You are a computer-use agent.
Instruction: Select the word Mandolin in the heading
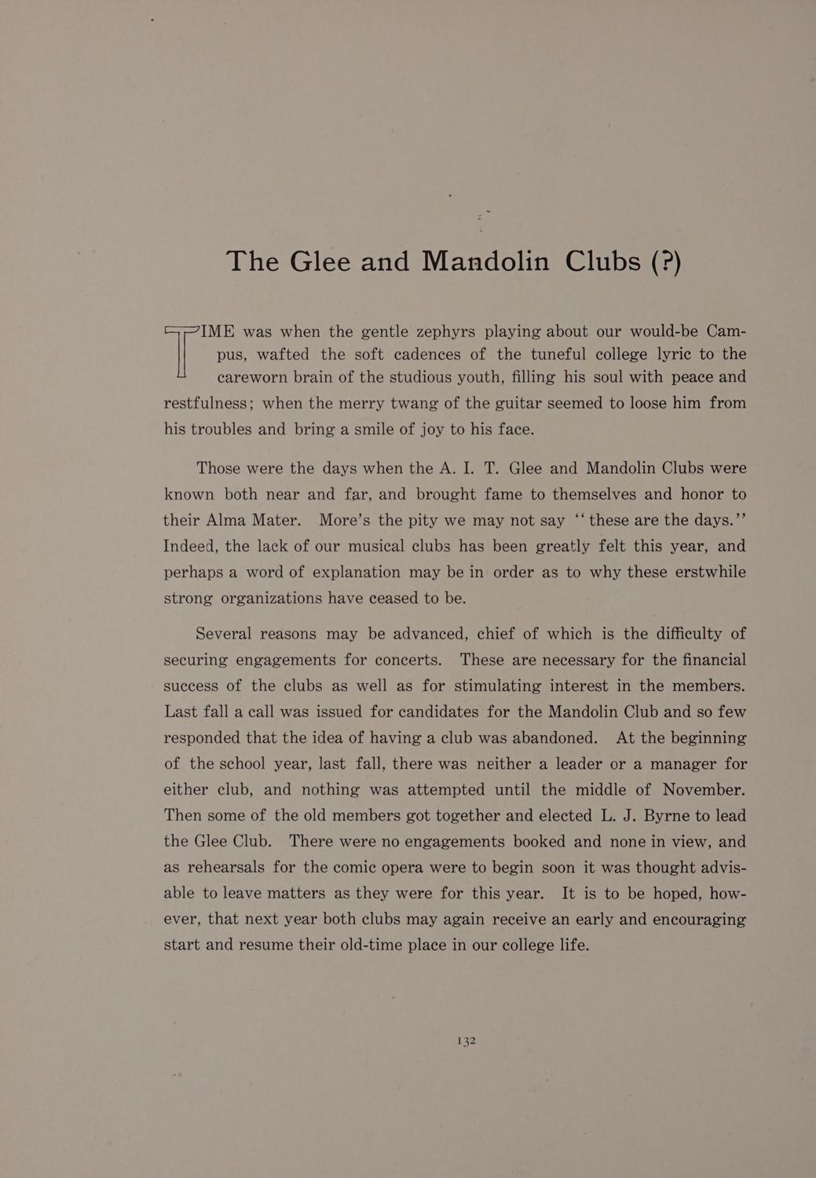pos(485,261)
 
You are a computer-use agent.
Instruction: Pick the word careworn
pos(259,378)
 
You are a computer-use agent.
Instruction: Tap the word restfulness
pos(207,404)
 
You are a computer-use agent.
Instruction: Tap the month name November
pos(703,789)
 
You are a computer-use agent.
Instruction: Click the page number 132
pos(467,1041)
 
